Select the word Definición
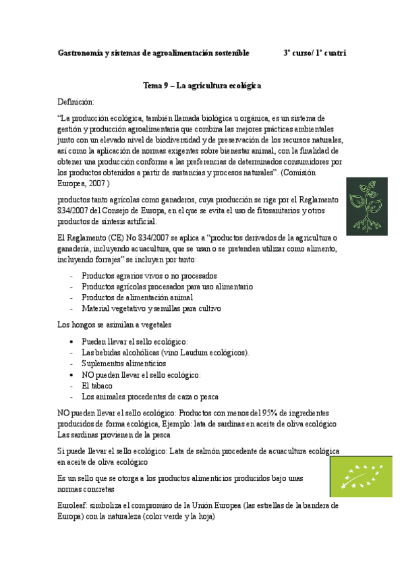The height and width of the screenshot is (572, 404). pyautogui.click(x=77, y=101)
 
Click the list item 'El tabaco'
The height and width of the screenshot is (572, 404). pyautogui.click(x=97, y=386)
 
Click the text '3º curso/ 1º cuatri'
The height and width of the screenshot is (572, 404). pyautogui.click(x=315, y=53)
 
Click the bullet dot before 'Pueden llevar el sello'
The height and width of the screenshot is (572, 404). pyautogui.click(x=72, y=342)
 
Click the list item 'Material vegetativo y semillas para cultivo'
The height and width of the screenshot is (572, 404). pyautogui.click(x=151, y=308)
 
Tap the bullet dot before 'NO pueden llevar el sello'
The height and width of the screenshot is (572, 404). pyautogui.click(x=72, y=375)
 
